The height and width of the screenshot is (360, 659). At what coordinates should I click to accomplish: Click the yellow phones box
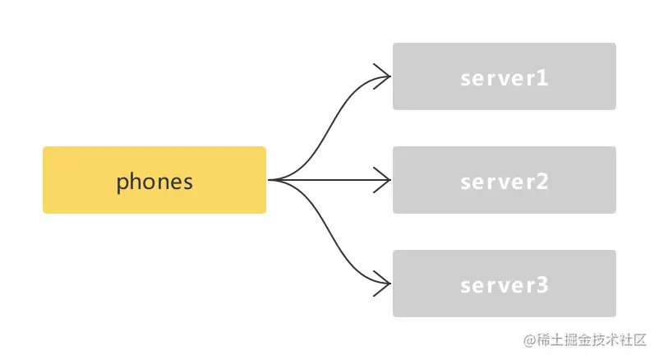click(154, 180)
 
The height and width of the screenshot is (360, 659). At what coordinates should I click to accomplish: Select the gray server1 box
click(505, 76)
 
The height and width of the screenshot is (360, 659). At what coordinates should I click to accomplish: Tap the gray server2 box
click(505, 180)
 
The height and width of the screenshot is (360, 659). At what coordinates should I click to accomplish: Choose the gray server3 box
click(505, 284)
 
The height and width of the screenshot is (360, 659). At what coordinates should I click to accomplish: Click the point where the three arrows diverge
click(270, 180)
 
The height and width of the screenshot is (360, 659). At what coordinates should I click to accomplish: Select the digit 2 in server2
click(542, 182)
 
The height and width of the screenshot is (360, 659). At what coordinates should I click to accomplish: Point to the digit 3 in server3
click(542, 285)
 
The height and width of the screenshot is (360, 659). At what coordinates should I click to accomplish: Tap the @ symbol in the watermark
click(529, 339)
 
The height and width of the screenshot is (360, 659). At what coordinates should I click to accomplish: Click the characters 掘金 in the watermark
click(578, 339)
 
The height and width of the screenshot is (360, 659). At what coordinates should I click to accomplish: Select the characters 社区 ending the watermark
click(633, 339)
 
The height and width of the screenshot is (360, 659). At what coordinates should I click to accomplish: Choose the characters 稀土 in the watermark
click(550, 339)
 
